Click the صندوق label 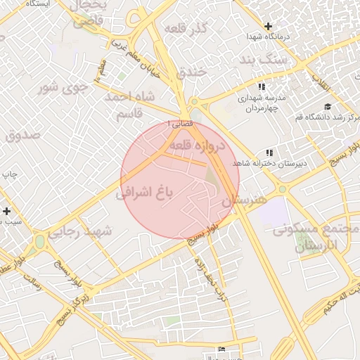[x=23, y=136]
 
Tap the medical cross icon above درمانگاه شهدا [x=267, y=26]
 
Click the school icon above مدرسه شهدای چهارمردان [x=262, y=87]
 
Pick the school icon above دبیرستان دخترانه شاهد [x=269, y=153]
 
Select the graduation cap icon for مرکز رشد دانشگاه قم [x=327, y=107]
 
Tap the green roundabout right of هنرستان [x=282, y=189]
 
